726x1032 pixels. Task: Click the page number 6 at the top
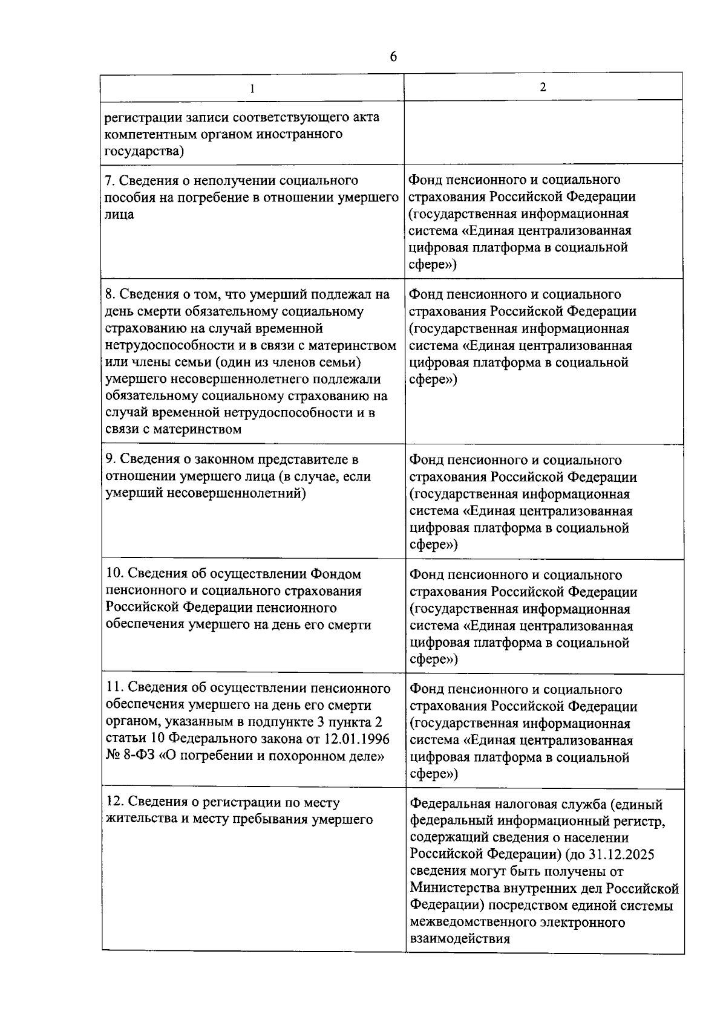(x=393, y=57)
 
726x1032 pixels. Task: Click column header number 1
(x=252, y=88)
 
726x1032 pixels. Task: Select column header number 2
(x=543, y=87)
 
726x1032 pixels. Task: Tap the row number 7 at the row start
(x=109, y=180)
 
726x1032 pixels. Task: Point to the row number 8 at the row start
(x=109, y=294)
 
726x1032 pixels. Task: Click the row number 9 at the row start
(x=109, y=459)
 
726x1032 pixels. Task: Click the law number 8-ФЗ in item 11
(x=132, y=756)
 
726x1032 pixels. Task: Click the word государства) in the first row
(x=144, y=151)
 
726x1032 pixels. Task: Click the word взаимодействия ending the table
(x=460, y=939)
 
